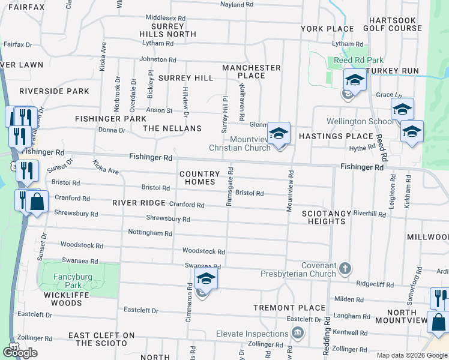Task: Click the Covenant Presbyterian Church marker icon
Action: pos(345,268)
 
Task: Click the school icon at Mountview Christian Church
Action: pos(279,133)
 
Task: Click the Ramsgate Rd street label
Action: pos(229,187)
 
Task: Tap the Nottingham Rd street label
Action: pos(150,232)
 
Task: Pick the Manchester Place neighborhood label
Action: pos(252,71)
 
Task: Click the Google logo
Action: pos(20,352)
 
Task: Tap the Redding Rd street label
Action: pos(327,335)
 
